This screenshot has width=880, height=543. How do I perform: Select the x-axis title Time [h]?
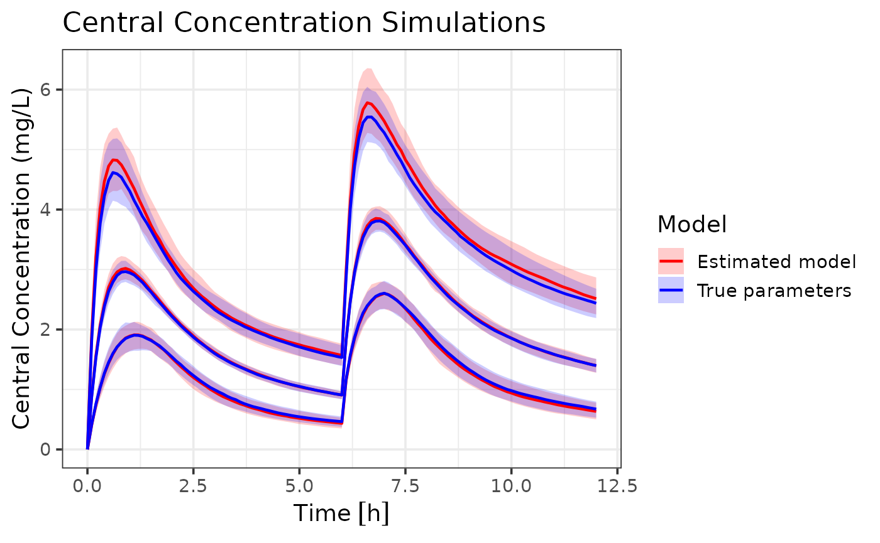[x=342, y=513]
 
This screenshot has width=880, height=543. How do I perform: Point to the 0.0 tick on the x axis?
[x=87, y=486]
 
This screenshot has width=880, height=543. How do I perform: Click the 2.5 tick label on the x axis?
[x=193, y=486]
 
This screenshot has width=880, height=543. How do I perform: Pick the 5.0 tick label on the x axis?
[x=299, y=486]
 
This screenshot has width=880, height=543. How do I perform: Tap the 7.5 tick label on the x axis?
[x=405, y=486]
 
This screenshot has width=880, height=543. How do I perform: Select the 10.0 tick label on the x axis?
[x=511, y=486]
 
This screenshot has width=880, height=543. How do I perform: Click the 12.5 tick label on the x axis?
[x=617, y=486]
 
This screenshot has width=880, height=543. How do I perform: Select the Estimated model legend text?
[x=777, y=261]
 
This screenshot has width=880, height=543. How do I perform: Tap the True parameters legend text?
[x=774, y=291]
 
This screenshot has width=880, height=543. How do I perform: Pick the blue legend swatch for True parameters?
[x=671, y=291]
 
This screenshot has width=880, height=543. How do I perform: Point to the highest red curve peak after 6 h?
[x=368, y=102]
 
